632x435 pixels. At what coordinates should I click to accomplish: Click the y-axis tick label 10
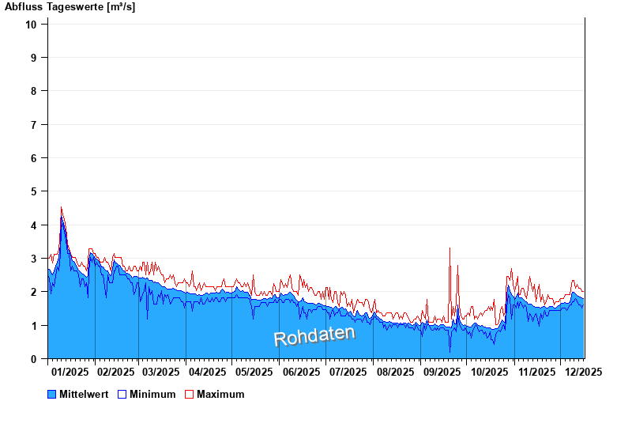tap(32, 24)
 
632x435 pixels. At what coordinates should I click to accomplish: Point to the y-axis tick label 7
tap(34, 124)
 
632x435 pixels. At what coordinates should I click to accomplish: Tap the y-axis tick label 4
tap(34, 225)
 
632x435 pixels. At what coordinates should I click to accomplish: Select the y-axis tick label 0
tap(34, 359)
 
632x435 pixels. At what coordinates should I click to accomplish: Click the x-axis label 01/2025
tap(70, 372)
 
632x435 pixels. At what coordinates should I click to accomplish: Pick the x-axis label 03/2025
tap(161, 372)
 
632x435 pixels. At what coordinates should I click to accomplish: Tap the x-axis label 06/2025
tap(301, 372)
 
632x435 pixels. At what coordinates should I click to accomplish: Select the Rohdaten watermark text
tap(314, 335)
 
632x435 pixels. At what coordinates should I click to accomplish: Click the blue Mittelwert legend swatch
tap(52, 394)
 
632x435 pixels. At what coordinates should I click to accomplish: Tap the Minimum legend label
tap(152, 394)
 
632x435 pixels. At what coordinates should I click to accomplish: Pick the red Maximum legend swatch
tap(189, 394)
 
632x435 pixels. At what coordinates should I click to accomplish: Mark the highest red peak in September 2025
tap(450, 248)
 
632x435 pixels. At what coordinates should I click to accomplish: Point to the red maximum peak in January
tap(62, 208)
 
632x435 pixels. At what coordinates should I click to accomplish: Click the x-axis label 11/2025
tap(536, 372)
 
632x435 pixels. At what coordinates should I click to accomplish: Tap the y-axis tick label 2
tap(34, 292)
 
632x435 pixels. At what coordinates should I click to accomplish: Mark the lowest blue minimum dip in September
tap(450, 351)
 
